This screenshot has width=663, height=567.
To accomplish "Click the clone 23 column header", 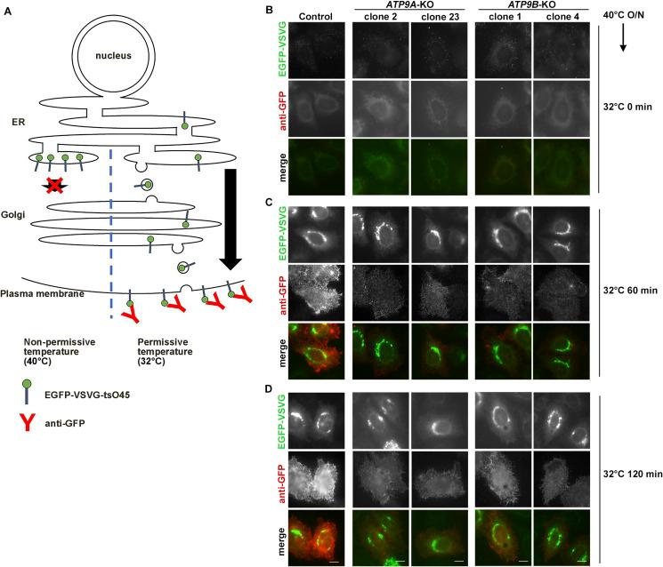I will coord(437,15).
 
